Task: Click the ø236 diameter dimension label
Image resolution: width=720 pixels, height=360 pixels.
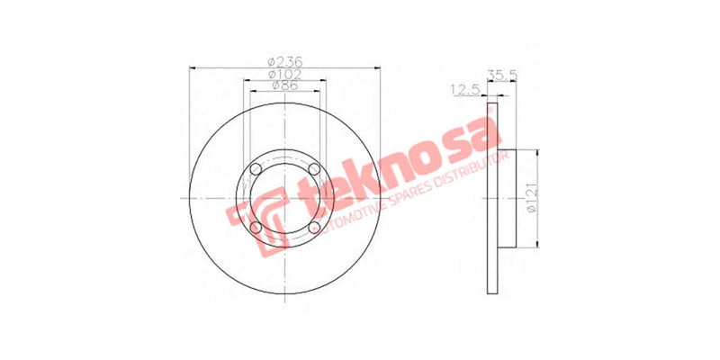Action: [x=284, y=61]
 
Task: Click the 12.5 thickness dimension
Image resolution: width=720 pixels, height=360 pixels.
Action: [x=463, y=89]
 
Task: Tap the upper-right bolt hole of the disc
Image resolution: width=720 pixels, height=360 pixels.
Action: [x=314, y=169]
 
